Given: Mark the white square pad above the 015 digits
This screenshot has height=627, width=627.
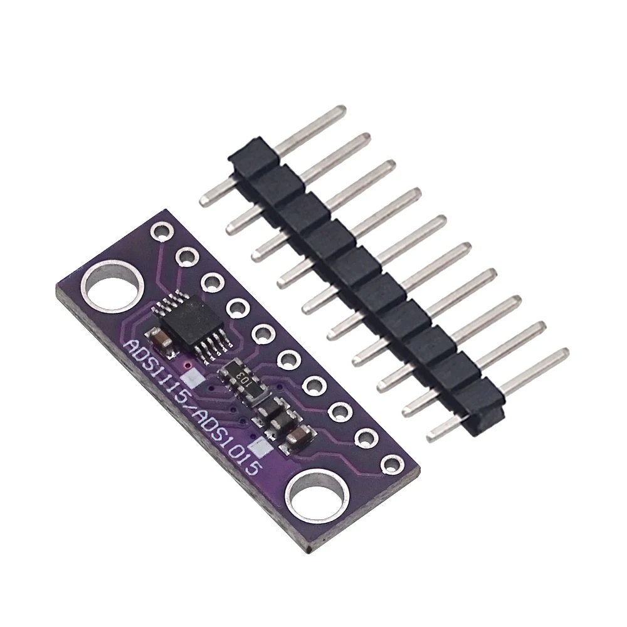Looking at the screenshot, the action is [x=260, y=448].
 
